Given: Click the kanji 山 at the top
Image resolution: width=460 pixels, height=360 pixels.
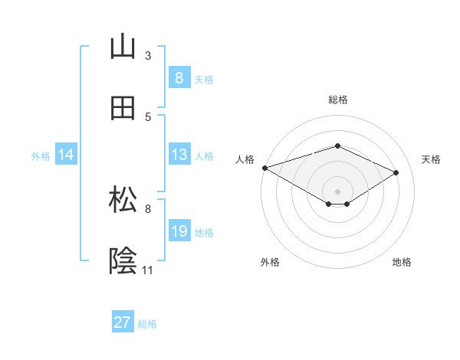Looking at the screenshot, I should (x=123, y=48).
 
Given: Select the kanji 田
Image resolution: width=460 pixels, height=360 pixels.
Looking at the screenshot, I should (x=123, y=109).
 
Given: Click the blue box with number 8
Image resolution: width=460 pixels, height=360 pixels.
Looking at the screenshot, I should (x=179, y=78).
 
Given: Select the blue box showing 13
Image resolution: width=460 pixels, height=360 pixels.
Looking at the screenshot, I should (x=179, y=155).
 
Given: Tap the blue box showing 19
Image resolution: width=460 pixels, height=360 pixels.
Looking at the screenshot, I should (x=179, y=231).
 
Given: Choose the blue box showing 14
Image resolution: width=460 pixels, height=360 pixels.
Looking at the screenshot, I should (x=66, y=155).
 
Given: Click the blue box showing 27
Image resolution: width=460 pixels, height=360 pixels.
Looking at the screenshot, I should (x=123, y=322).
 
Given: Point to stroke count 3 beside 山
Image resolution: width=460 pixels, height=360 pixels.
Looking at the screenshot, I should (x=148, y=56).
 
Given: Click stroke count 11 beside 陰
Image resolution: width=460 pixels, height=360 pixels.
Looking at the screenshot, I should (x=147, y=270).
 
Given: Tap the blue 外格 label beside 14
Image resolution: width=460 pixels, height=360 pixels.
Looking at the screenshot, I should (x=41, y=155).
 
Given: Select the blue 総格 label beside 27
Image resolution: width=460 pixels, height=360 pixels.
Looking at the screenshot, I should (x=147, y=324).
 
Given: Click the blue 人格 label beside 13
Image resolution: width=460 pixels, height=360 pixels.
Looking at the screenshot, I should (x=204, y=155).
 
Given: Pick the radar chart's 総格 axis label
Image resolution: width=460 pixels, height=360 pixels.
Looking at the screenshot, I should (x=338, y=100).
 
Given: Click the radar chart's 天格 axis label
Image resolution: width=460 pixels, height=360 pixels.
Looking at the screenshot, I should (x=431, y=159).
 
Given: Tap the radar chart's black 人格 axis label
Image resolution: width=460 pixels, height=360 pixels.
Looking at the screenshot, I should (x=245, y=159).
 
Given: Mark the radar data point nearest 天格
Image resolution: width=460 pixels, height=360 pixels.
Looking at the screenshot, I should (x=396, y=172).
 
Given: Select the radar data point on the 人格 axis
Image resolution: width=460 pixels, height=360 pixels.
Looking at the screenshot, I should (x=264, y=168).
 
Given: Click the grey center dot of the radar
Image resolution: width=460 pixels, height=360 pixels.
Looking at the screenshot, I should (x=337, y=191).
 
